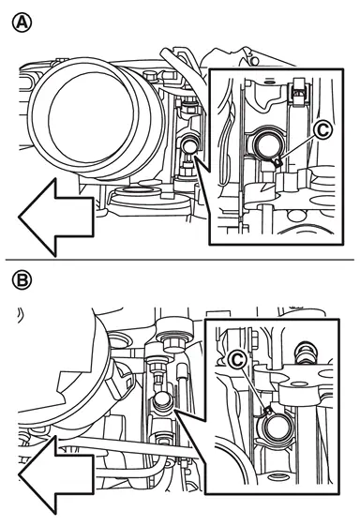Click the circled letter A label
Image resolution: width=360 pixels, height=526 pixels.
(x=22, y=23)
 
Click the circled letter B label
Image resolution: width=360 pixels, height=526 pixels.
(x=22, y=280)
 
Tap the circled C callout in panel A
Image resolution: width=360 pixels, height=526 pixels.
(x=322, y=130)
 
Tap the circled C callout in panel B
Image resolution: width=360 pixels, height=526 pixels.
(x=238, y=360)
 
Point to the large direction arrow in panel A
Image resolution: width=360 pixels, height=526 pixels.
(x=56, y=218)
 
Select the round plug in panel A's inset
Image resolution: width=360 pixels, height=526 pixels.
(x=267, y=144)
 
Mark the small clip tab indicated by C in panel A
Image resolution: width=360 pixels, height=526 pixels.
(x=277, y=163)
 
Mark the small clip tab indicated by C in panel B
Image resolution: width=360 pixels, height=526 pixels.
(x=268, y=411)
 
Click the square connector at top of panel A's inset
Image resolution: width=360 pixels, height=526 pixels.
(x=298, y=93)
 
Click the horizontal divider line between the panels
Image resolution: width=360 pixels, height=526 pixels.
(x=180, y=260)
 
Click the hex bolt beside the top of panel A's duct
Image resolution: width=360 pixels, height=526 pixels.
(x=149, y=76)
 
